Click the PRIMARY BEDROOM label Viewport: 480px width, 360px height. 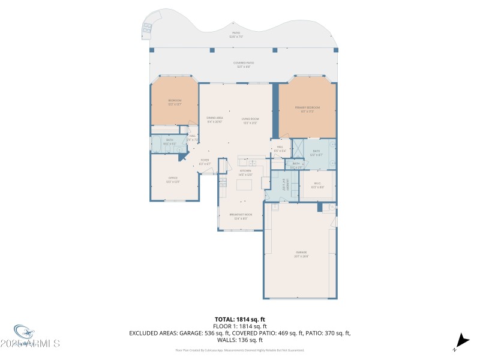pos(307,109)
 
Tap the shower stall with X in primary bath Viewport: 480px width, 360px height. pos(297,148)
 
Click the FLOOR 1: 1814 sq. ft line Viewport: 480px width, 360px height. pos(240,326)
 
